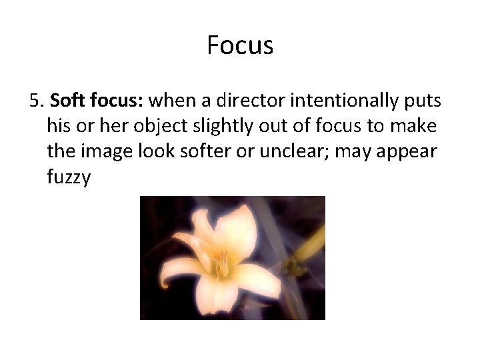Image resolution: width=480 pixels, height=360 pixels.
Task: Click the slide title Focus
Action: (x=240, y=45)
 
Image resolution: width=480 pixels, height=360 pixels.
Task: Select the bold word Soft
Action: (x=65, y=101)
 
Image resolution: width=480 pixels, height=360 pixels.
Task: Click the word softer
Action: (x=188, y=151)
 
